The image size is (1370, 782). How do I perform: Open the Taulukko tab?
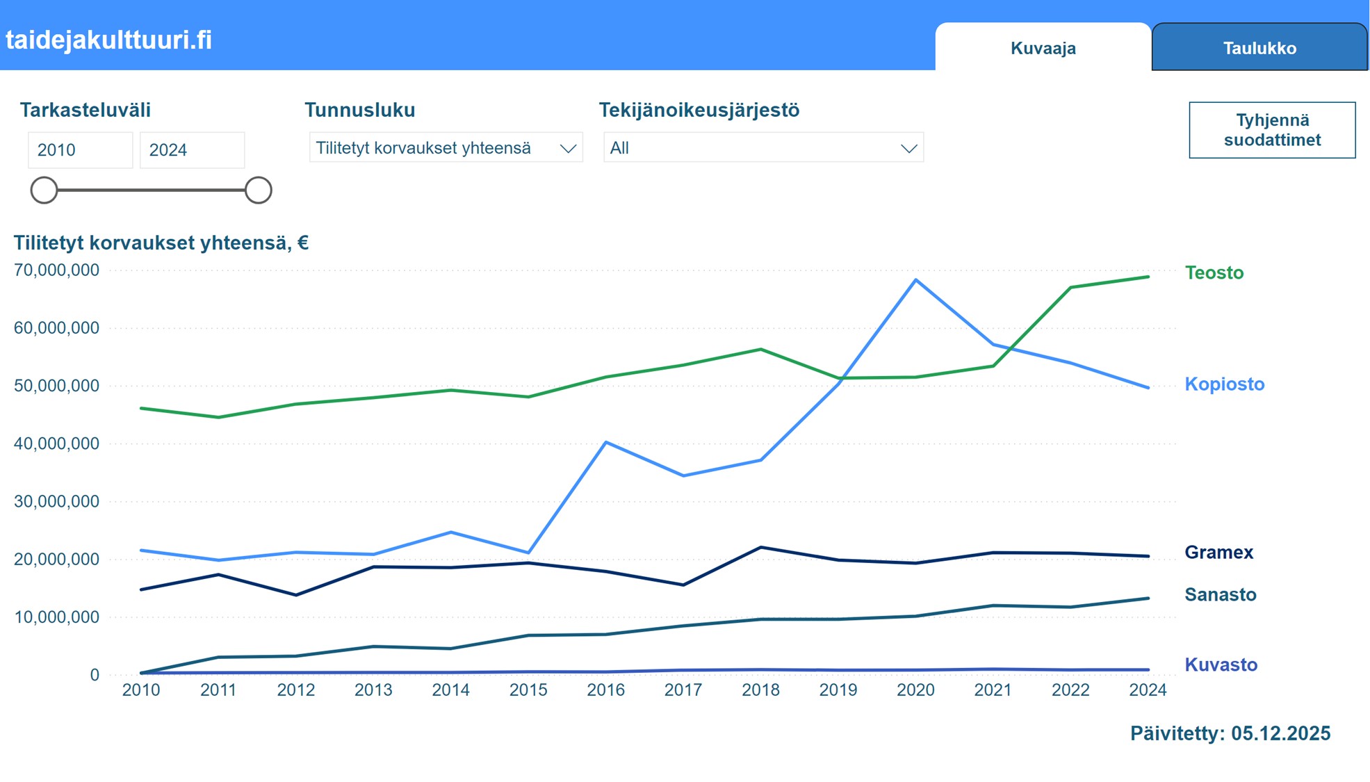click(1259, 48)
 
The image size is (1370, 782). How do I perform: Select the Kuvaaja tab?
click(1043, 48)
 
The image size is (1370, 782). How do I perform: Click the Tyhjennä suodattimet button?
click(1272, 130)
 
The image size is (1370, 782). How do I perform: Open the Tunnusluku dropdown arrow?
click(568, 148)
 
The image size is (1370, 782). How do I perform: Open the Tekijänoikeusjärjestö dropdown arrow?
click(908, 148)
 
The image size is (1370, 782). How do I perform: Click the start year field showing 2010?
click(80, 150)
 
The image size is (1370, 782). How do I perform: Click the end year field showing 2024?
click(192, 150)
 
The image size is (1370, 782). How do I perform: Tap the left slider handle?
click(44, 190)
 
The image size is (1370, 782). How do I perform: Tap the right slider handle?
click(258, 190)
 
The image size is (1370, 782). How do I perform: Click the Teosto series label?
click(1214, 272)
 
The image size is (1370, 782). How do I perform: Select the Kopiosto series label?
click(1224, 384)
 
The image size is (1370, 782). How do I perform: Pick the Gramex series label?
click(1218, 552)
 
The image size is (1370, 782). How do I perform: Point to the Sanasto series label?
click(1220, 594)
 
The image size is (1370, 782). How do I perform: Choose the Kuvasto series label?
click(1221, 665)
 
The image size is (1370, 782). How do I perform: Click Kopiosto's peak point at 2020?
click(916, 280)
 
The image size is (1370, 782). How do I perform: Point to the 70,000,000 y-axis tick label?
click(56, 270)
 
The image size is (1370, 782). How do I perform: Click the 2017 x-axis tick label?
click(683, 690)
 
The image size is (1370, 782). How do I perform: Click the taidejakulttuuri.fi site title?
click(108, 40)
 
